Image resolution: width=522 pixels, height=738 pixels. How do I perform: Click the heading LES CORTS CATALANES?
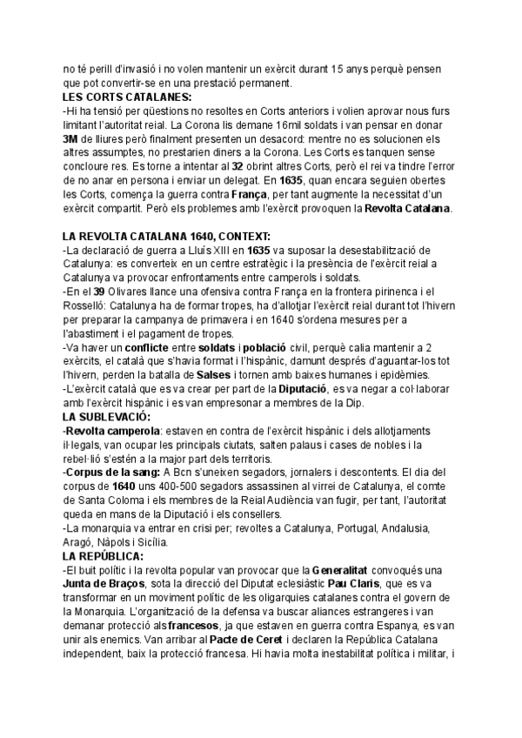point(127,97)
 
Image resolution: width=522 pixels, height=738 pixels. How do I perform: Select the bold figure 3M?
point(70,138)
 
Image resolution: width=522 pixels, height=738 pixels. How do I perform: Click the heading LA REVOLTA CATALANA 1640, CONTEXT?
point(166,237)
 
